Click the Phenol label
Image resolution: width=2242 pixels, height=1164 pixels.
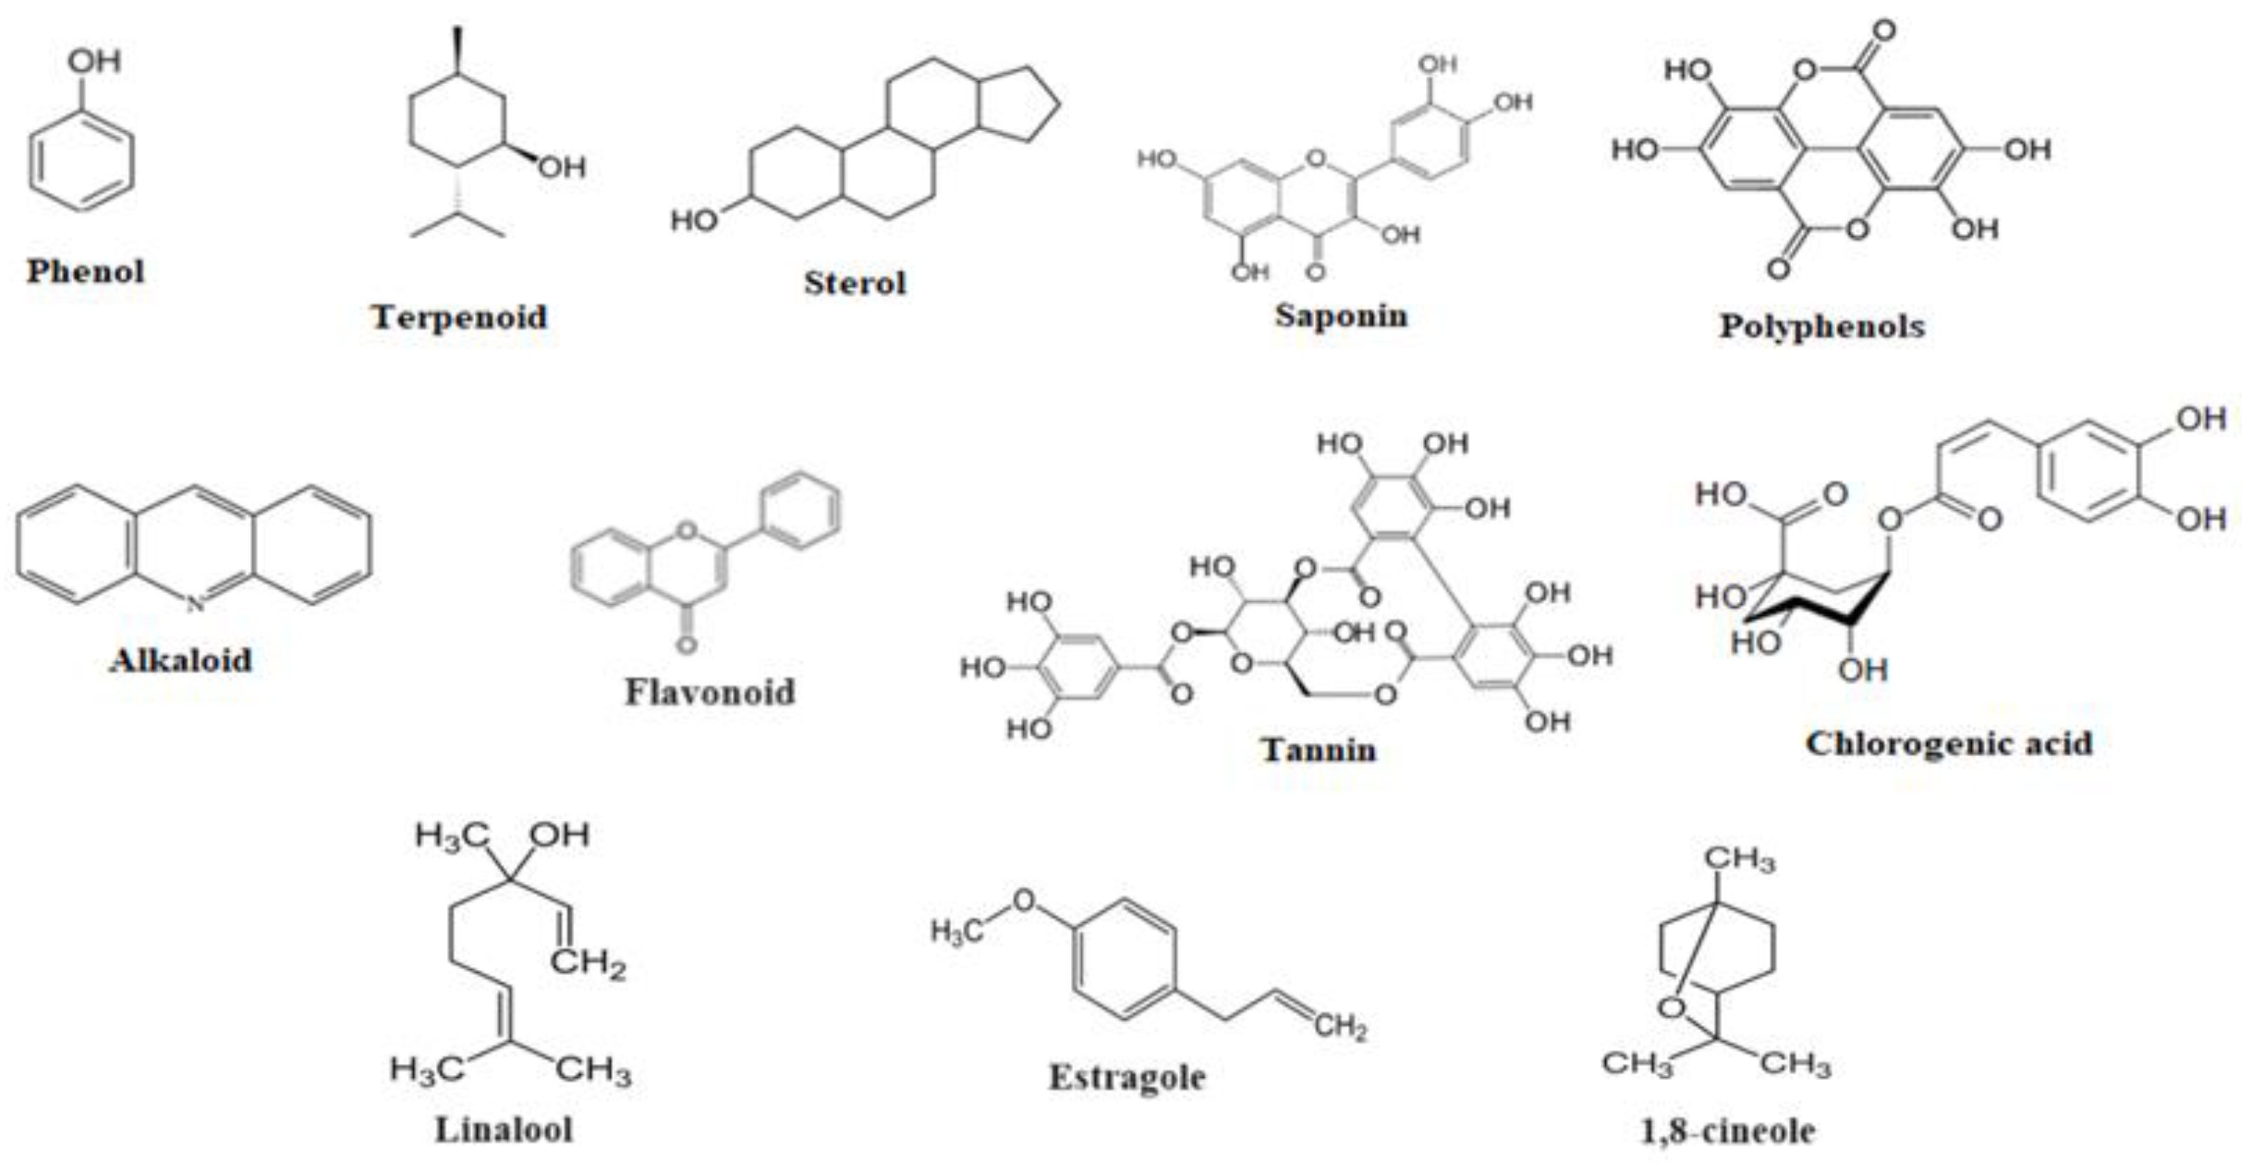86,271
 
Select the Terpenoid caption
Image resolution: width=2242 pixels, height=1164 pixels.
459,317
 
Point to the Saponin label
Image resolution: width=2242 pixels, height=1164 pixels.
1341,315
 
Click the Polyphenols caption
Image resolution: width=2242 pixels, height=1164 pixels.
1822,327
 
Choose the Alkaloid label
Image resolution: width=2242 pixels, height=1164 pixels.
181,660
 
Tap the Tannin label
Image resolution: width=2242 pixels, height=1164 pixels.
1319,750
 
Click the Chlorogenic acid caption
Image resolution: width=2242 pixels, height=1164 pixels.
1949,744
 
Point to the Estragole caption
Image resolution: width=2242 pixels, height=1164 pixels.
1127,1078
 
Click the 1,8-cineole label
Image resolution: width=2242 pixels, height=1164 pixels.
1728,1131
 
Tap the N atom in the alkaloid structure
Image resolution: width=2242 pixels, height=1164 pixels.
195,603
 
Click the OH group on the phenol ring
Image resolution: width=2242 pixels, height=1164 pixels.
94,61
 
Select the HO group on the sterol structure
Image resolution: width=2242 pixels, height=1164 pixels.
694,221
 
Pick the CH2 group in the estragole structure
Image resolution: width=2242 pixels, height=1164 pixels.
1341,1027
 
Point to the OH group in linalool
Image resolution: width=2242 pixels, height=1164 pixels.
560,835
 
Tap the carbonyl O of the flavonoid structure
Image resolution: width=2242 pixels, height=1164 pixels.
687,645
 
